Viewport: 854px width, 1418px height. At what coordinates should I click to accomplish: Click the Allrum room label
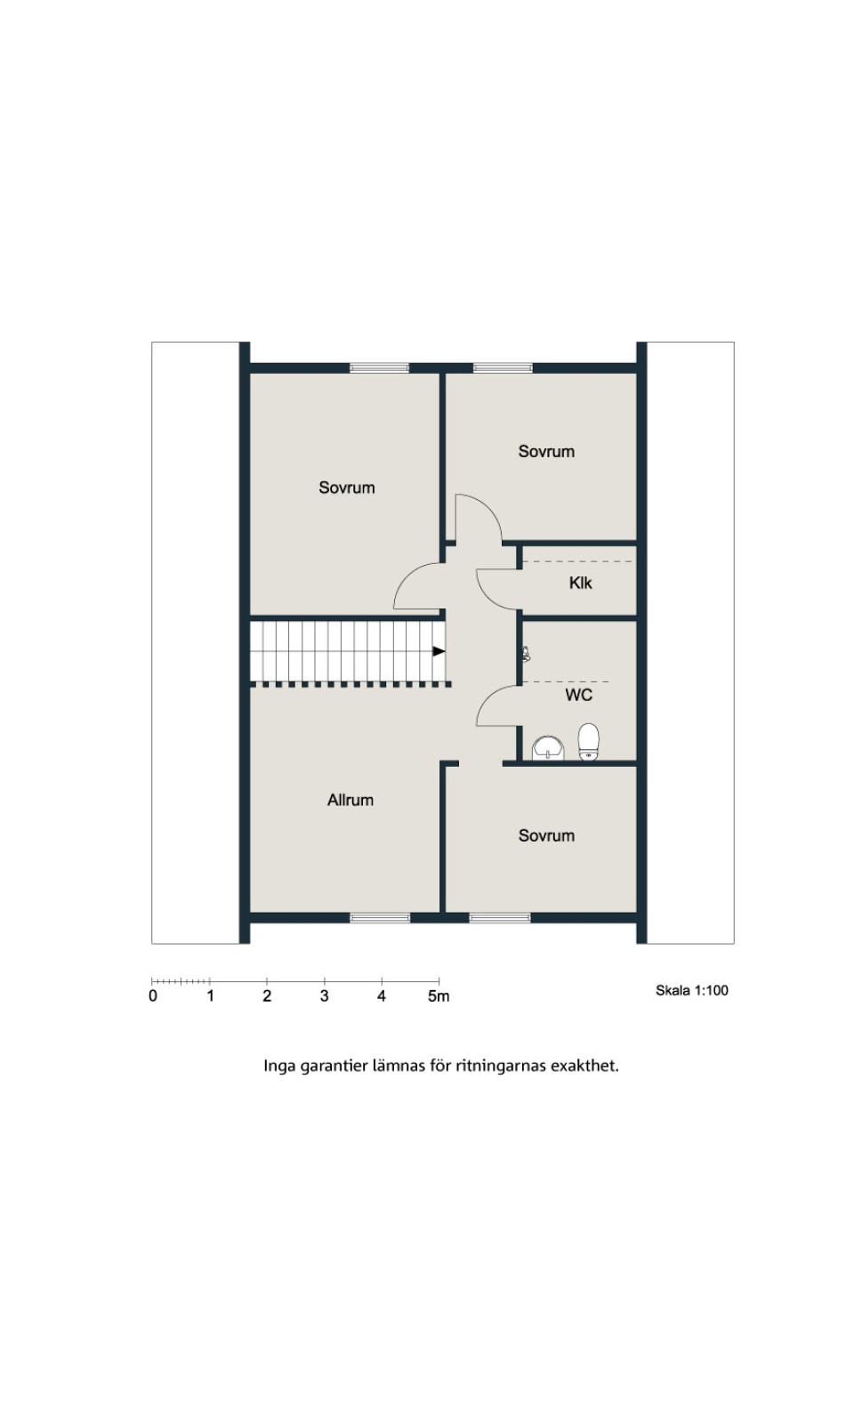coord(350,800)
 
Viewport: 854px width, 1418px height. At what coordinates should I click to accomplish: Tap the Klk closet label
coord(580,583)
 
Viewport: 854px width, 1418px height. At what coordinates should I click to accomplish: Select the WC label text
coord(578,695)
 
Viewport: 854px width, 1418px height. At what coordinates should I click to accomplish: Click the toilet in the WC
coord(588,741)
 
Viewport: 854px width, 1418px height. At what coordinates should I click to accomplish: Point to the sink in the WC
coord(548,747)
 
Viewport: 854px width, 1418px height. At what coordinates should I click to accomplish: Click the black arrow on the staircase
coord(438,651)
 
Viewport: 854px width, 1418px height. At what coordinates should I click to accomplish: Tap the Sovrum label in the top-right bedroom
coord(546,451)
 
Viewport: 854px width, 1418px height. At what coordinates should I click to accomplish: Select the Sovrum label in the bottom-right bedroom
coord(546,835)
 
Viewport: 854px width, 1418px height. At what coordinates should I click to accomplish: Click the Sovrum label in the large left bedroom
coord(346,487)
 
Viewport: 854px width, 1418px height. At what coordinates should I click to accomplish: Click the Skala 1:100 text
coord(691,991)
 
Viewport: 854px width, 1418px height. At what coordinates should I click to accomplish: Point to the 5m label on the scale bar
coord(438,996)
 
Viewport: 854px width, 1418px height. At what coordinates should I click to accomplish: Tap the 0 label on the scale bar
coord(153,996)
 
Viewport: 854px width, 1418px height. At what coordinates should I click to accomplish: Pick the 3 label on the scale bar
coord(324,996)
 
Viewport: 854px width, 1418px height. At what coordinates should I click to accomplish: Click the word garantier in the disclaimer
coord(334,1066)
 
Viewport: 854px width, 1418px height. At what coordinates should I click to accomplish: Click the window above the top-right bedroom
coord(503,367)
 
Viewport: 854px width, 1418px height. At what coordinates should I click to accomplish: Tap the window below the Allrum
coord(380,918)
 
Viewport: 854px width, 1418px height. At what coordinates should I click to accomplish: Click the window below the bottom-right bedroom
coord(499,918)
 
